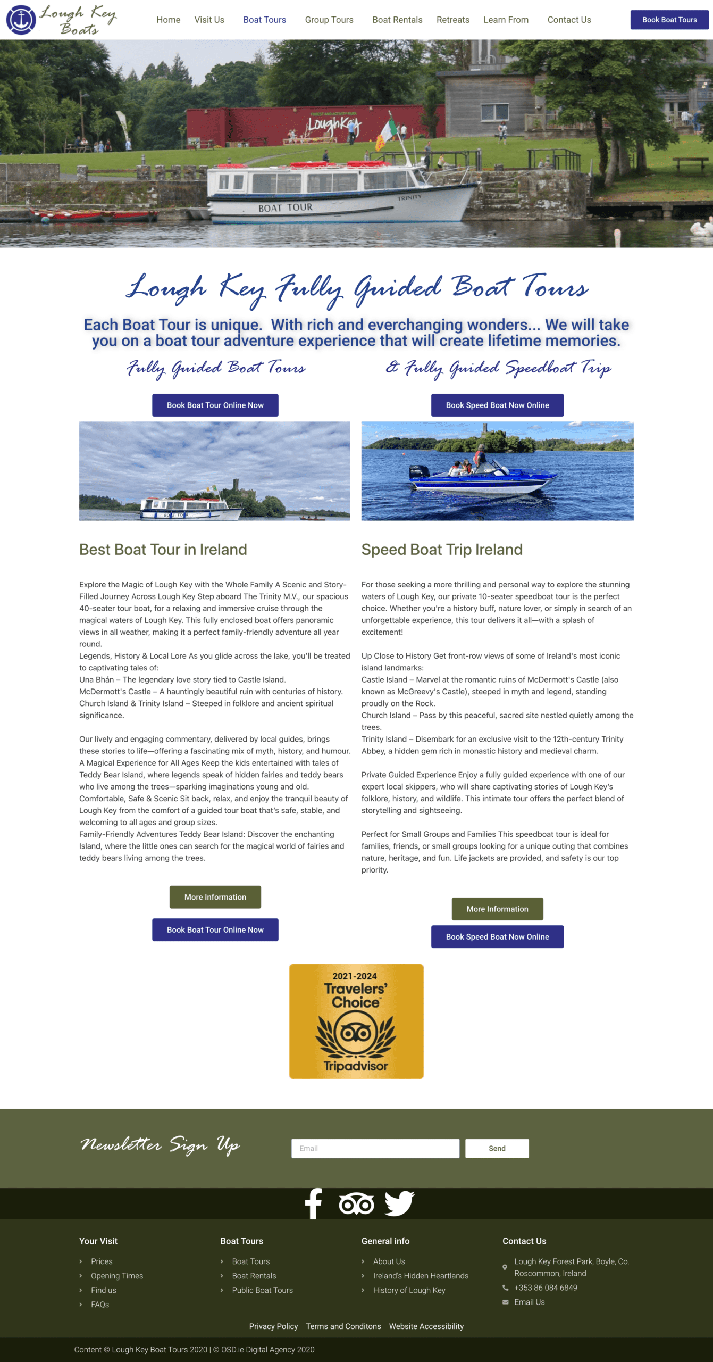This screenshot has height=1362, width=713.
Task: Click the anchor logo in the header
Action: (x=21, y=20)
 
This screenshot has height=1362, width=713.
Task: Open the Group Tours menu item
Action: (x=329, y=20)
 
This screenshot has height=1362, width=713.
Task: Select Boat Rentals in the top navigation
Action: (x=397, y=20)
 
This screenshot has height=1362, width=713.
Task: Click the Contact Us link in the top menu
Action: (x=569, y=20)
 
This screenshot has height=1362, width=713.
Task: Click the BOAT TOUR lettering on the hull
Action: (x=285, y=207)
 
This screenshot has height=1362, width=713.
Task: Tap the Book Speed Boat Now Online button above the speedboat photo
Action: (x=497, y=405)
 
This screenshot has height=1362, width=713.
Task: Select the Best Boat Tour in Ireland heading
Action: (x=163, y=549)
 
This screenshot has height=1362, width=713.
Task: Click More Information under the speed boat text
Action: (x=497, y=909)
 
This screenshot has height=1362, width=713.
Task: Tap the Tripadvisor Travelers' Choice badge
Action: (x=356, y=1021)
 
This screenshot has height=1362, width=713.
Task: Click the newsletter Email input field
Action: (x=375, y=1148)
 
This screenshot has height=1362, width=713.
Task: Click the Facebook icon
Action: (x=313, y=1203)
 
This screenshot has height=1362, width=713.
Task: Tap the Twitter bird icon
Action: (x=399, y=1203)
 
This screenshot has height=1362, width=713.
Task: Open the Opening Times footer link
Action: (x=117, y=1275)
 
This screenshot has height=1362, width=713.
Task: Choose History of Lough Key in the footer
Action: (x=409, y=1290)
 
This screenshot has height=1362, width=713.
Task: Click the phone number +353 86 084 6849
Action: (x=546, y=1288)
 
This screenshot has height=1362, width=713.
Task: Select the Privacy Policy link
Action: (x=273, y=1326)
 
